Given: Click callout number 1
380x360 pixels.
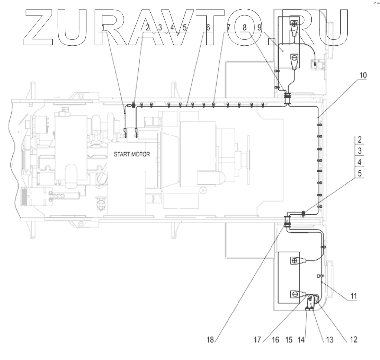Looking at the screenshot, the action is (x=104, y=28).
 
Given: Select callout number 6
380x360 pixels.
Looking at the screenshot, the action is (x=208, y=28).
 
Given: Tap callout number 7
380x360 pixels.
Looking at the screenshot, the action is (x=229, y=28).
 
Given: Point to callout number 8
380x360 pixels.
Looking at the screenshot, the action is (x=244, y=28).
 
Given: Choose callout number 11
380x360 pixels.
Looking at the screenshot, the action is (x=354, y=296).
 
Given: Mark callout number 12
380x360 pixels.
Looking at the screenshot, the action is (x=353, y=340).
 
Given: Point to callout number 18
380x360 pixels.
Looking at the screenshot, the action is (x=211, y=340).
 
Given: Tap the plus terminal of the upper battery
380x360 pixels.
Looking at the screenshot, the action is (x=294, y=24).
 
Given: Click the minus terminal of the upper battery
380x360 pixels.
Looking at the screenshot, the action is (x=294, y=58).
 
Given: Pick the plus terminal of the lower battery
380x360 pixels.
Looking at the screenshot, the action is (x=294, y=260).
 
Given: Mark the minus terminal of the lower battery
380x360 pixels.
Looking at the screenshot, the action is (x=294, y=295).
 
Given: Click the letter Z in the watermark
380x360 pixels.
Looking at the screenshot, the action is (x=43, y=26).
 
